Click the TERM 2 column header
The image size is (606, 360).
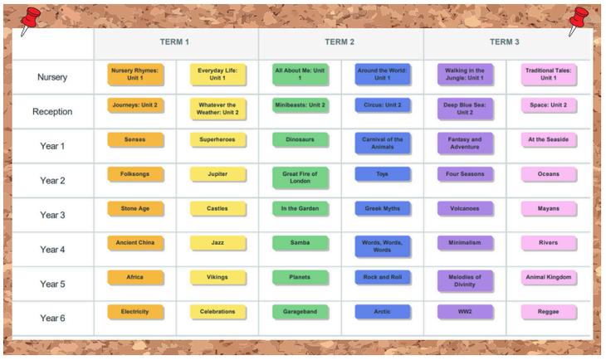coord(340,42)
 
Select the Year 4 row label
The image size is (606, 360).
coord(52,250)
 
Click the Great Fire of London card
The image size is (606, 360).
coord(300,178)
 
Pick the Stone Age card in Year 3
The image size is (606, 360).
coord(134,209)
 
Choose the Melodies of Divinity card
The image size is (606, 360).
coord(465,280)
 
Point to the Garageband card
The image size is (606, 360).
coord(300,312)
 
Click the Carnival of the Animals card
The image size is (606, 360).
coord(383,144)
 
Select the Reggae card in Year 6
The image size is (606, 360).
coord(548,312)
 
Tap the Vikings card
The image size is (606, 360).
coord(217,277)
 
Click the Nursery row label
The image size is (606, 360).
coord(52,77)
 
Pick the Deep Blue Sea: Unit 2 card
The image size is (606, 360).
coord(465,109)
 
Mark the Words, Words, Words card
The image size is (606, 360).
coord(383,246)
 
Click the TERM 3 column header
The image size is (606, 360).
coord(505,42)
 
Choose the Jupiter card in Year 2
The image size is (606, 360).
coord(217,174)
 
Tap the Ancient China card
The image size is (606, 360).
coord(134,243)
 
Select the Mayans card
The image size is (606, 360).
coord(548,209)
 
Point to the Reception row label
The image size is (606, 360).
coord(52,112)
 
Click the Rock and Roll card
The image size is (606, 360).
coord(383,277)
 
